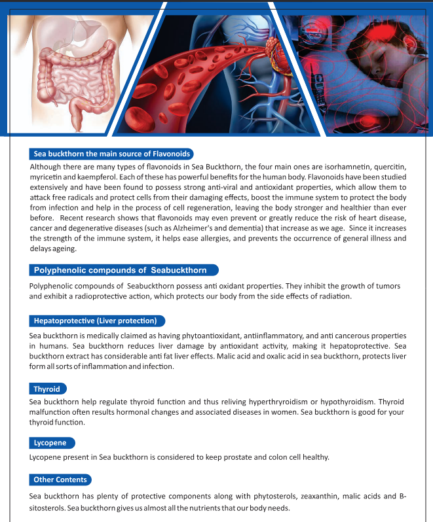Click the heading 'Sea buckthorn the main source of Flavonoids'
tap(111, 154)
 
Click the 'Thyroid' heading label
tap(47, 389)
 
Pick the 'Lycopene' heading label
tap(50, 443)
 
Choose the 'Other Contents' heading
tap(60, 479)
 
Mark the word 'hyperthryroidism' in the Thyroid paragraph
tap(274, 401)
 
